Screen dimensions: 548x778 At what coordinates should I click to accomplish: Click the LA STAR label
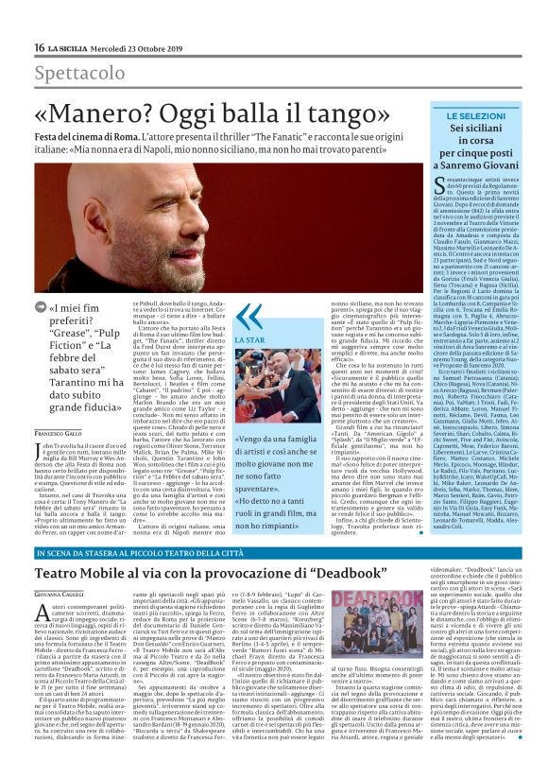point(248,337)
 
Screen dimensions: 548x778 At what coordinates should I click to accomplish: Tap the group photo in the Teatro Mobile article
point(428,625)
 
